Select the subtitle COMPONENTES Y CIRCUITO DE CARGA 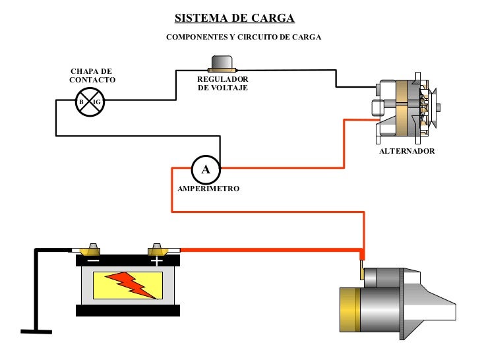click(243, 37)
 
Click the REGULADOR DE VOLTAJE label click(223, 84)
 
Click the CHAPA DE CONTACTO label click(92, 75)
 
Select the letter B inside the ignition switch click(81, 103)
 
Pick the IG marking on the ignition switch click(97, 103)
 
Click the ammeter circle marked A click(205, 169)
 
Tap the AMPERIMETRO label click(208, 189)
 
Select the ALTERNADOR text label click(407, 151)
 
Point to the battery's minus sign click(93, 261)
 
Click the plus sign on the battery click(156, 261)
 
